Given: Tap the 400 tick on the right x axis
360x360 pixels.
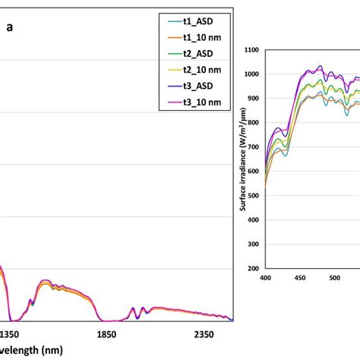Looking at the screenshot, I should [x=265, y=278].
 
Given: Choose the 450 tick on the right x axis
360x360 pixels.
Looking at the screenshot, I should [x=300, y=278].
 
